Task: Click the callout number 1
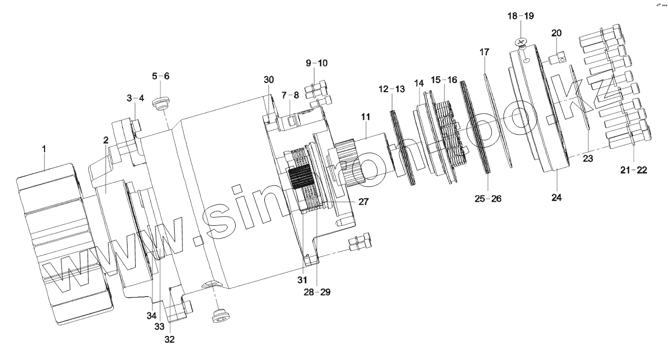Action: (x=44, y=149)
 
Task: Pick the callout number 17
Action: (x=485, y=52)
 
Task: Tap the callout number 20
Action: (x=556, y=33)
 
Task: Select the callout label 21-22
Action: (x=634, y=170)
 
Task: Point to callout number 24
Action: (x=557, y=197)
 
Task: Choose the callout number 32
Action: (x=170, y=338)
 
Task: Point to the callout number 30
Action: (x=269, y=80)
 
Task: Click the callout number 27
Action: (x=363, y=202)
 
